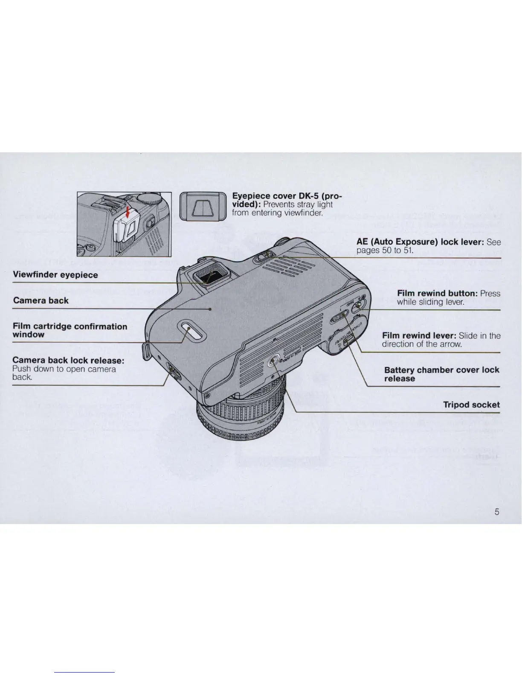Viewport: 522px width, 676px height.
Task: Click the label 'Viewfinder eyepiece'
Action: pyautogui.click(x=55, y=275)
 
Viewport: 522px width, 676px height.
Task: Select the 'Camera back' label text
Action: pyautogui.click(x=41, y=300)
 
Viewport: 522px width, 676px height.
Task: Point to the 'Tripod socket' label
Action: pyautogui.click(x=471, y=405)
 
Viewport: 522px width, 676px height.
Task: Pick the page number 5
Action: pyautogui.click(x=497, y=512)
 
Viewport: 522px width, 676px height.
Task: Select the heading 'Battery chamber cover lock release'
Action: pyautogui.click(x=441, y=374)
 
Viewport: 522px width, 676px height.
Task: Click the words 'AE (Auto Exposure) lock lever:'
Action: pyautogui.click(x=420, y=242)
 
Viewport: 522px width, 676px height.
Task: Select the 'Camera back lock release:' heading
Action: pyautogui.click(x=68, y=360)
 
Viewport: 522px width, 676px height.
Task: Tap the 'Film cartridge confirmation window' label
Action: pyautogui.click(x=70, y=330)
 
